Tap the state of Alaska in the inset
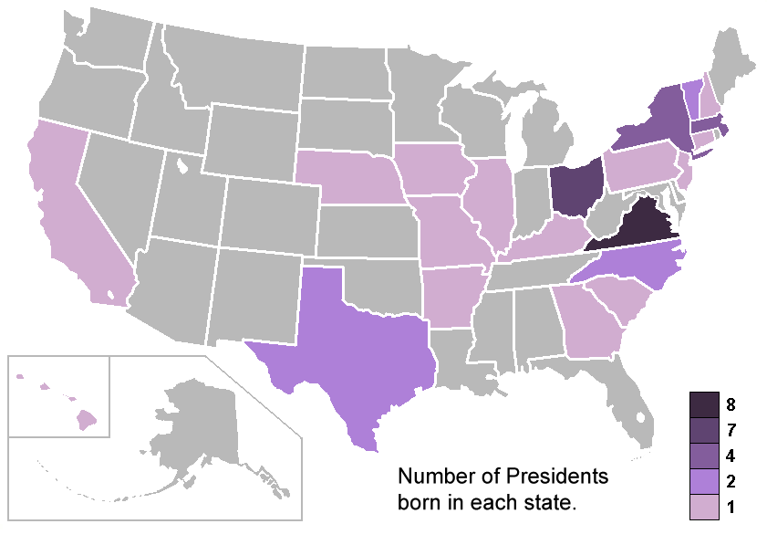click(x=201, y=429)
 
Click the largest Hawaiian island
click(x=87, y=421)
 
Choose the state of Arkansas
click(x=450, y=297)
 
